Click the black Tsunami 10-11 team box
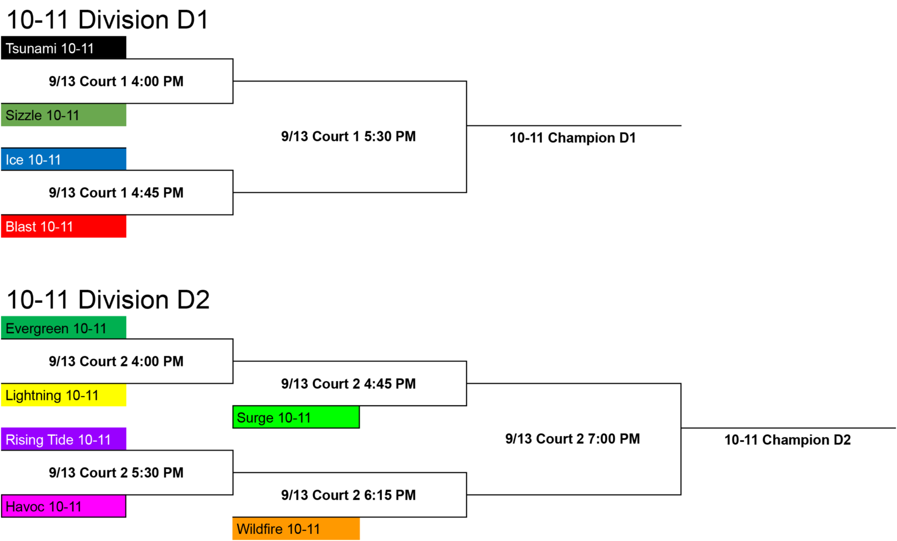tap(64, 48)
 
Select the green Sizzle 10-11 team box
tap(64, 115)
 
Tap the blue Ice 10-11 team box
tap(64, 159)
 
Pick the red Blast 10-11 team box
tap(64, 226)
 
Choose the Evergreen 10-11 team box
tap(64, 328)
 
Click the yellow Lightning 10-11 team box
tap(64, 395)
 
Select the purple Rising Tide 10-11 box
tap(64, 439)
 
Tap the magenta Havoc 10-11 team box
tap(64, 506)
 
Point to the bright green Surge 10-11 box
tap(296, 417)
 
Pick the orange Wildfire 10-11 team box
tap(296, 529)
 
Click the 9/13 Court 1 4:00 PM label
tap(116, 81)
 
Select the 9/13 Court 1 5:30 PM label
tap(349, 137)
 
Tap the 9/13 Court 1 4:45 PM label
tap(116, 193)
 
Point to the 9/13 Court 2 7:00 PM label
tap(573, 439)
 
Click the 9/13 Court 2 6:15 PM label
tap(349, 495)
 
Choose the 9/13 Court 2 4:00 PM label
tap(116, 361)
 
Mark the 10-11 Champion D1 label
tap(573, 138)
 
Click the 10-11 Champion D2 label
tap(788, 440)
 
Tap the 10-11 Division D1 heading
tap(107, 20)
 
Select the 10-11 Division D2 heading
tap(108, 300)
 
